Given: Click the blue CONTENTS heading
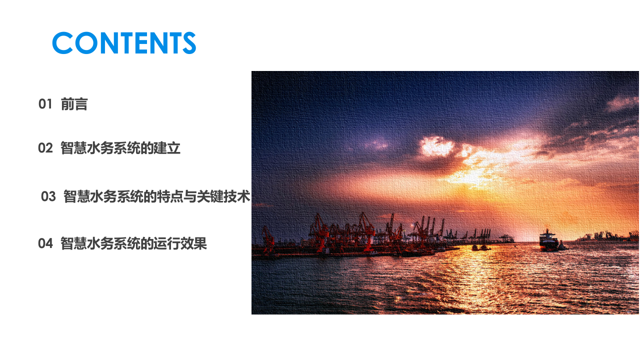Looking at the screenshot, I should tap(124, 43).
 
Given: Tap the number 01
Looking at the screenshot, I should tap(45, 104).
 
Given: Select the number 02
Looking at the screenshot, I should tap(45, 148).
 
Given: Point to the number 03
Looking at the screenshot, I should tap(48, 197).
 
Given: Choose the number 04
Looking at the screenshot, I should tap(45, 244).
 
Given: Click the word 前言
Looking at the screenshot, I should tap(74, 104).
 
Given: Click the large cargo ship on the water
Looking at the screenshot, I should tap(548, 241).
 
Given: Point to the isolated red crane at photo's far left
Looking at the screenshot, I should tap(268, 240).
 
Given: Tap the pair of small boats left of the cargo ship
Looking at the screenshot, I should tap(480, 247).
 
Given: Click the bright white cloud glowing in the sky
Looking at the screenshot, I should tap(436, 146).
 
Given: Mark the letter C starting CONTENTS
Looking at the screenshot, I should tap(62, 43).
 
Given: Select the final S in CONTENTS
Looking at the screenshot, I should tap(188, 43).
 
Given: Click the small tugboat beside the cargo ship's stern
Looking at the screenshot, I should tap(562, 245).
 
